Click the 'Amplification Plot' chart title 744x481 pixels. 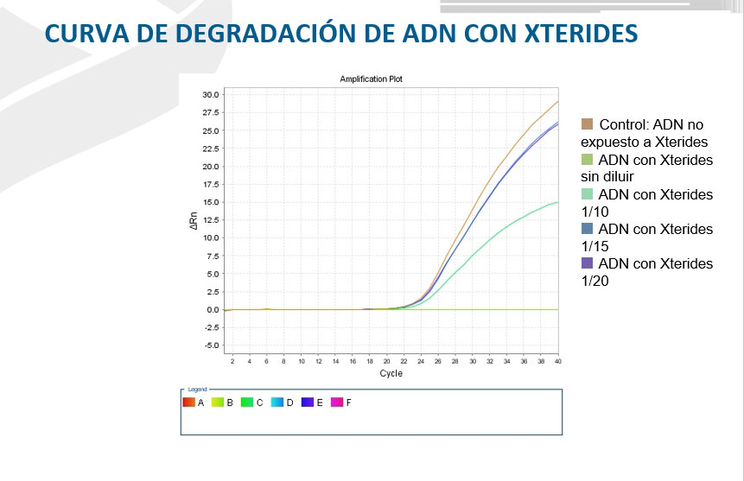(x=371, y=79)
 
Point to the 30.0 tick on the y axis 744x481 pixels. (x=210, y=94)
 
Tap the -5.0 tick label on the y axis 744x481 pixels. (x=210, y=345)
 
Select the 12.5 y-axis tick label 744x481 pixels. (x=210, y=219)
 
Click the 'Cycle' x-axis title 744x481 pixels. (x=391, y=374)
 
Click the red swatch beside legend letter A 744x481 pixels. (x=188, y=402)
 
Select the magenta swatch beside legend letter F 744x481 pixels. (x=337, y=402)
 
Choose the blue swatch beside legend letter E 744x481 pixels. (x=308, y=402)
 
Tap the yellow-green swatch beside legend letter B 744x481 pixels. (x=218, y=402)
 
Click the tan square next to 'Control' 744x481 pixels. (x=588, y=124)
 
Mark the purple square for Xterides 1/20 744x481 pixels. (x=588, y=263)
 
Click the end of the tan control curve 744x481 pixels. (x=557, y=102)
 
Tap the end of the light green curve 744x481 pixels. (x=557, y=202)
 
